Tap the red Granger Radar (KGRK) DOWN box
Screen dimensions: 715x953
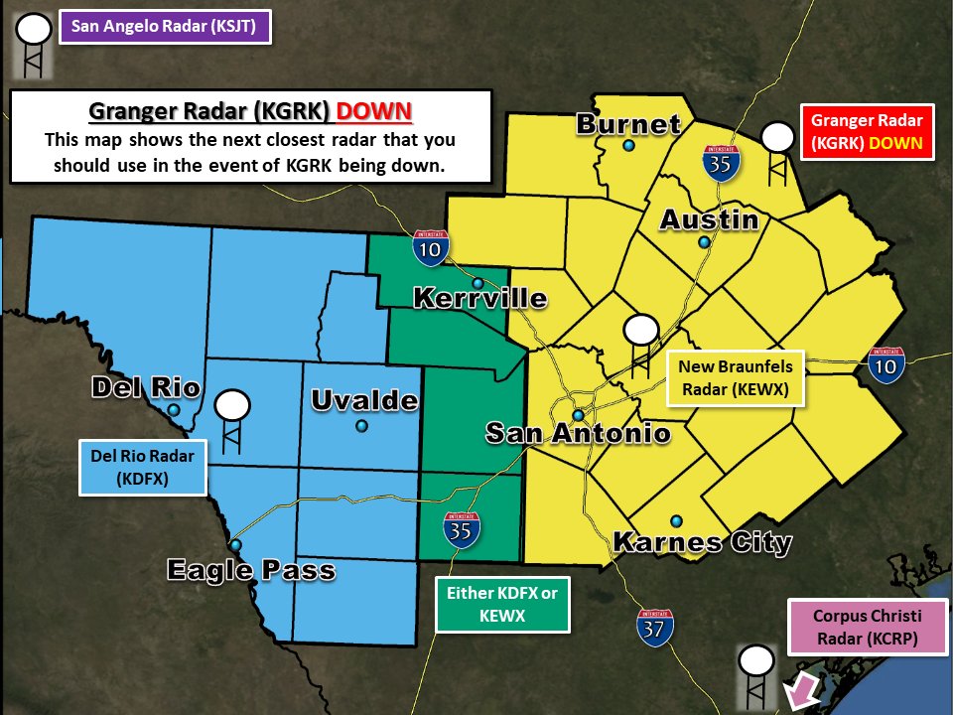click(867, 132)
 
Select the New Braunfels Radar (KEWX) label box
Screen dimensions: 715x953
click(736, 378)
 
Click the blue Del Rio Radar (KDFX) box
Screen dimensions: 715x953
click(143, 468)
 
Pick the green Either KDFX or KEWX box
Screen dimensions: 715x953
click(503, 605)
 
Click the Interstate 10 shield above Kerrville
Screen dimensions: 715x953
click(430, 246)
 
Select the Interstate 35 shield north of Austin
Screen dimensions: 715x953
click(721, 161)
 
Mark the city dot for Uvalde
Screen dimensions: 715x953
click(361, 426)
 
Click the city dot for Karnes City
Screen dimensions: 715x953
click(676, 521)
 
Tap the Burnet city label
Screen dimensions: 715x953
click(628, 125)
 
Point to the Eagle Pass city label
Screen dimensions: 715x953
click(250, 570)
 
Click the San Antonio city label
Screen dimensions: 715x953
click(577, 433)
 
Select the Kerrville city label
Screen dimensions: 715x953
click(479, 298)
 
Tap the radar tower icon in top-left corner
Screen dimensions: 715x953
click(33, 44)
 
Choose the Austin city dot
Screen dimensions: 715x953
click(704, 242)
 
